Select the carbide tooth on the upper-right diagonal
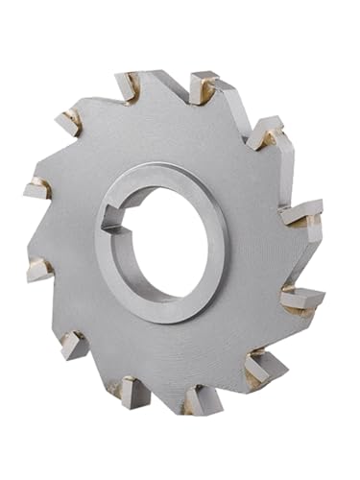[266, 132]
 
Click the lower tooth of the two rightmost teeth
[300, 298]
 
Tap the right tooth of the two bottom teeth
[201, 396]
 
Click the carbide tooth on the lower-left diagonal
[74, 343]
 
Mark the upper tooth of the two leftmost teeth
[36, 188]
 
